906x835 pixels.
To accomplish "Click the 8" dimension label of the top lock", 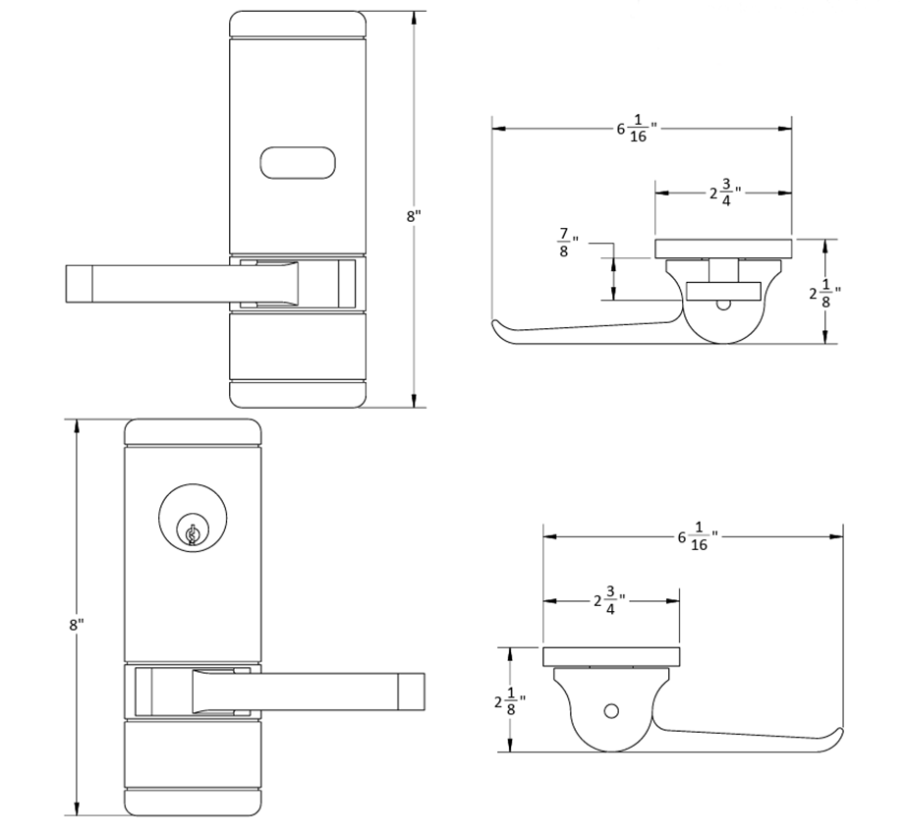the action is tap(414, 216).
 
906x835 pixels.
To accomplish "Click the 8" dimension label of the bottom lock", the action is tap(77, 625).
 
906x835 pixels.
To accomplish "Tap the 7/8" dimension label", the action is tap(567, 243).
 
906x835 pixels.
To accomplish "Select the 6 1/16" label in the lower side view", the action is tap(699, 536).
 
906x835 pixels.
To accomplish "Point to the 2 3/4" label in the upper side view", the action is tap(726, 193).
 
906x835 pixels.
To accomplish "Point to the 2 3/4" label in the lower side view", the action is tap(610, 601).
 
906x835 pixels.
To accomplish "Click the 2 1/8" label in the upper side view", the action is tap(824, 294).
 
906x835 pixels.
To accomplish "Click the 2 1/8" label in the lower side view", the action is tap(510, 701).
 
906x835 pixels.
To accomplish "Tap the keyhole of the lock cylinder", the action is tap(193, 534).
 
